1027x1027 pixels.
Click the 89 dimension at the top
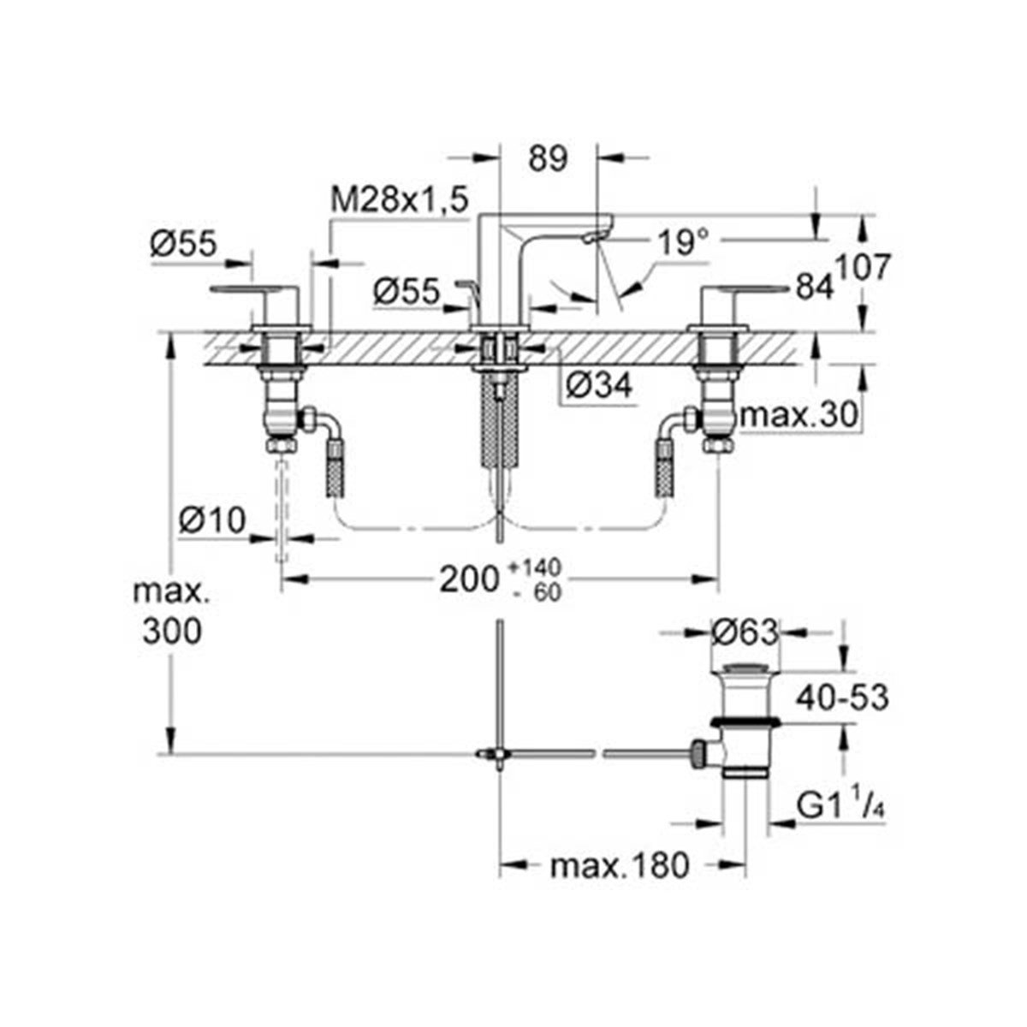548,158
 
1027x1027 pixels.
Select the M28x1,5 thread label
399,200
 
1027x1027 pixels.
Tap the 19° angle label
684,242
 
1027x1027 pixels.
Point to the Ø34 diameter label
598,385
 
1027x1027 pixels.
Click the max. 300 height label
172,611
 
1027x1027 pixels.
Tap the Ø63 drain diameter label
745,632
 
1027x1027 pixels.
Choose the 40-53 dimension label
843,698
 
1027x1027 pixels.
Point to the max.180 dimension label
620,865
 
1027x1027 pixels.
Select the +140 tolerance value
535,567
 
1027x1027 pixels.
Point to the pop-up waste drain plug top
745,666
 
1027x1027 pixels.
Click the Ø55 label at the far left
184,244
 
